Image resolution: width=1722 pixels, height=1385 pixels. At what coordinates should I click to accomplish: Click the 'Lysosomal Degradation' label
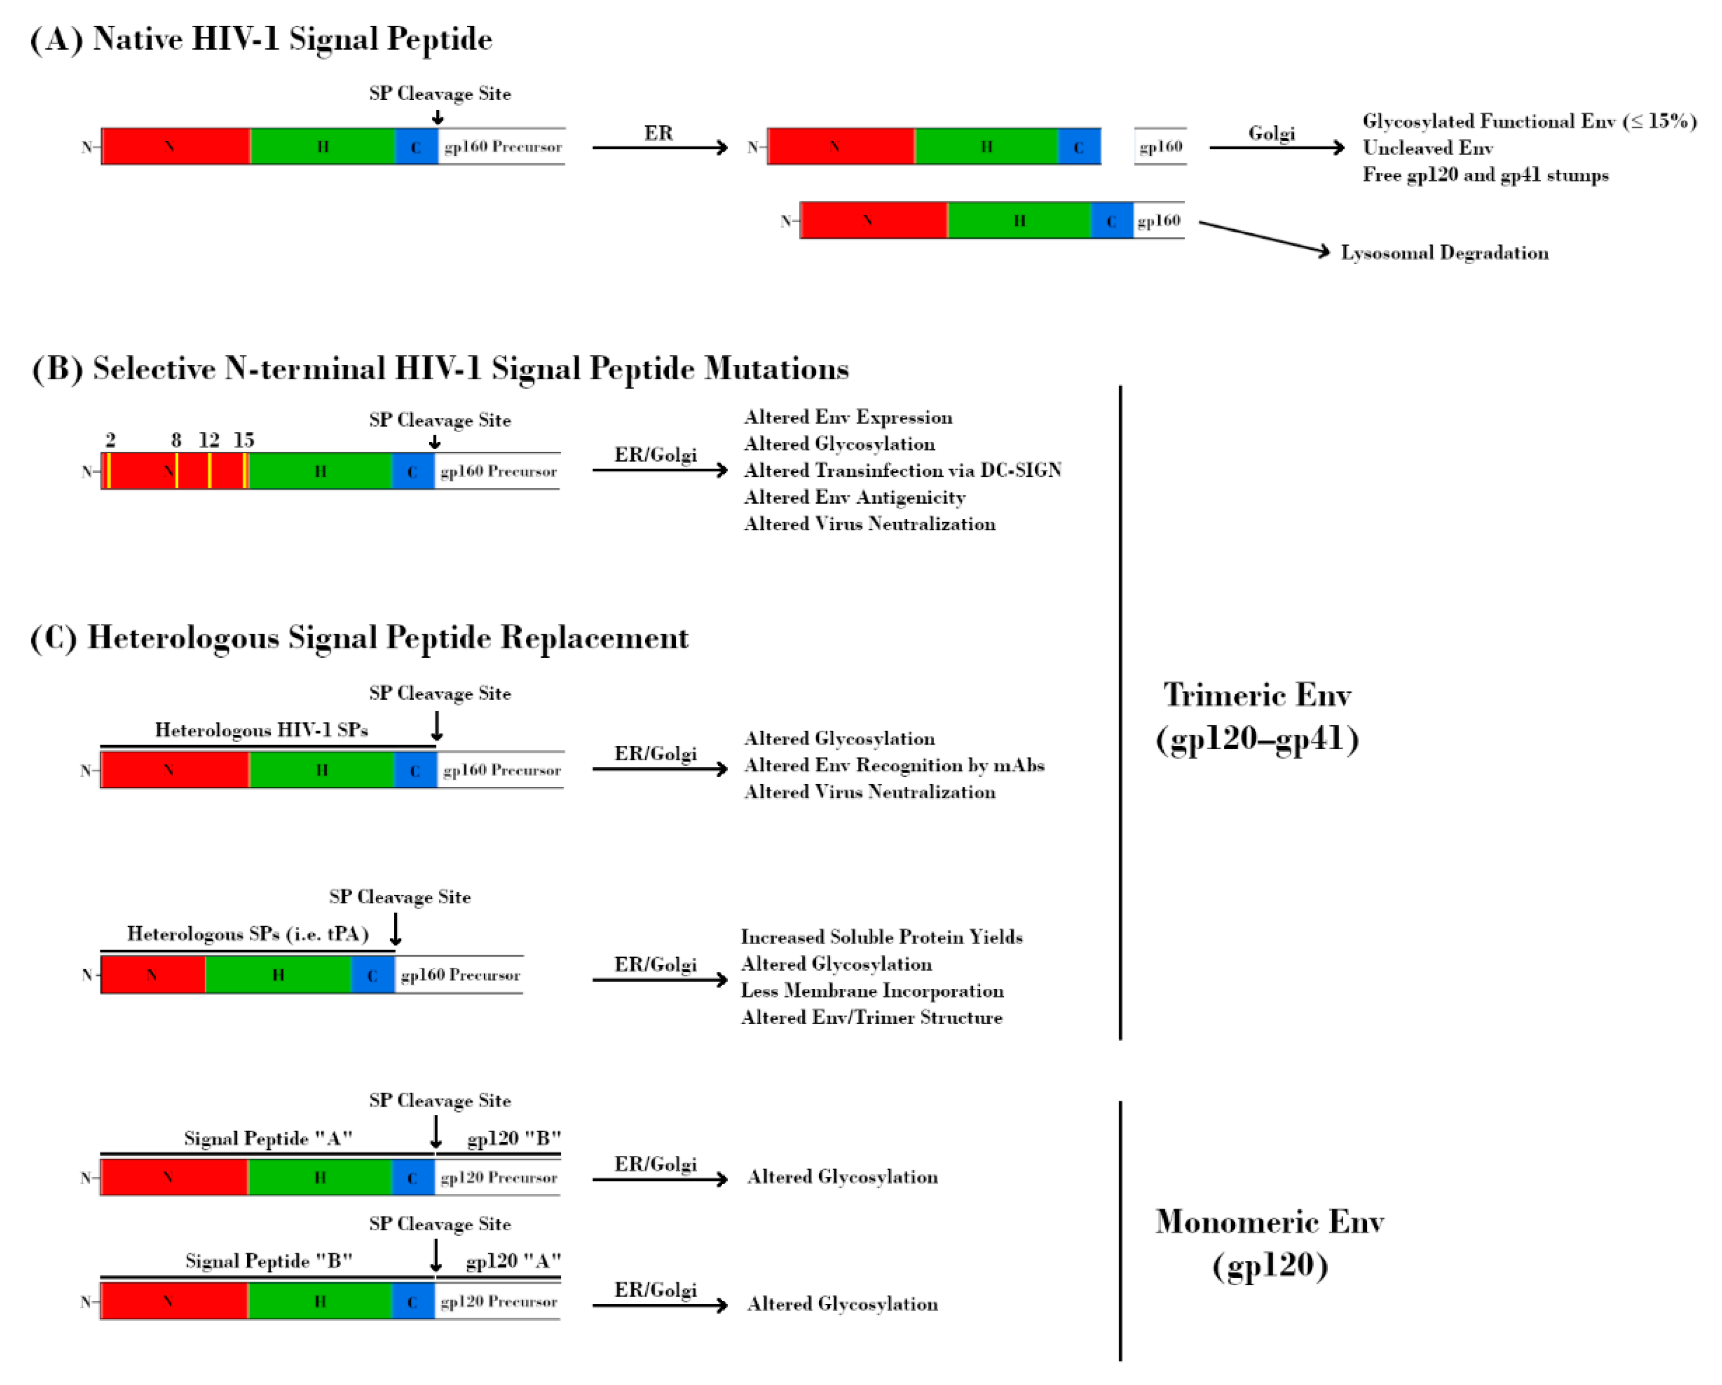click(1444, 253)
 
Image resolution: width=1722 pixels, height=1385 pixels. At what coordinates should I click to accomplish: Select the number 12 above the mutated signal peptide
click(209, 440)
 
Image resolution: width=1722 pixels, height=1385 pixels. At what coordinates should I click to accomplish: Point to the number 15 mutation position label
click(244, 440)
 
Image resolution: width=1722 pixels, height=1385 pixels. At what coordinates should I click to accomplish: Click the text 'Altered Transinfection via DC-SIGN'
click(903, 470)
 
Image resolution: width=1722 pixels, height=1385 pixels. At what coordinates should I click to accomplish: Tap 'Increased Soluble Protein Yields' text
click(882, 937)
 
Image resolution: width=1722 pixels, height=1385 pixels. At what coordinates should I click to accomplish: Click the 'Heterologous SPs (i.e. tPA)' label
click(248, 934)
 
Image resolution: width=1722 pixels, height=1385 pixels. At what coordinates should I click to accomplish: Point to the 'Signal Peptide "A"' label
click(268, 1138)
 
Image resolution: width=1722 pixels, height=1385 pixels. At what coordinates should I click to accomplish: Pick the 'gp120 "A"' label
click(514, 1261)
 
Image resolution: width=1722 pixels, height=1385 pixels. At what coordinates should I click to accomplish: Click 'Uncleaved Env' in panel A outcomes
click(1427, 148)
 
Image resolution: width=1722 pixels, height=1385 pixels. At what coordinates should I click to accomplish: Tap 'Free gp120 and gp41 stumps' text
click(1486, 175)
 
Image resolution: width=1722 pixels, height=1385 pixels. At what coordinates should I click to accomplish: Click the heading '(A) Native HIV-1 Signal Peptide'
click(261, 39)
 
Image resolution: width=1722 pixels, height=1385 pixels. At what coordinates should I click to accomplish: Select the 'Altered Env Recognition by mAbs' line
click(894, 765)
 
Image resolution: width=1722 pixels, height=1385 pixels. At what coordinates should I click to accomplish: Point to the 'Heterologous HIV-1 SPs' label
click(261, 730)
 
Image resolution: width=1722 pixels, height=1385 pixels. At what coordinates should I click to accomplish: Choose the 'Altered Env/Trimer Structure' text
click(871, 1018)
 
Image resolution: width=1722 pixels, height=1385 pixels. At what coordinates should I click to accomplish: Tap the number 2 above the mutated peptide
click(110, 440)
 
